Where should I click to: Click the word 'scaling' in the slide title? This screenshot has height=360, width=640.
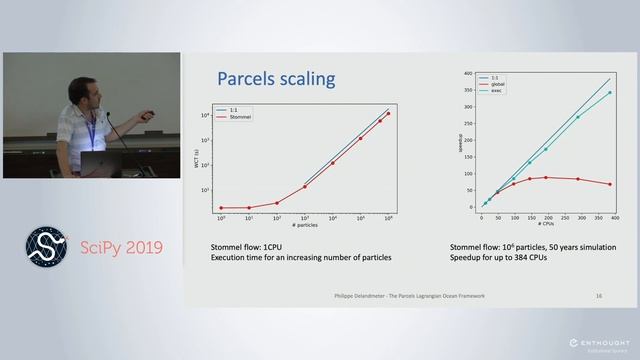(x=307, y=79)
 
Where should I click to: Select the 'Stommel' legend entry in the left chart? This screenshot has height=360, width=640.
(x=241, y=117)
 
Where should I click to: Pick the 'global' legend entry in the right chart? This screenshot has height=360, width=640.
(x=497, y=84)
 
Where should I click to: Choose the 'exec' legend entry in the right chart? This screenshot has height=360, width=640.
(x=496, y=91)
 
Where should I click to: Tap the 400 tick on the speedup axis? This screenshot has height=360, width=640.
(x=468, y=75)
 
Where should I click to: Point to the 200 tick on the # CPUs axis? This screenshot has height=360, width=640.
(x=547, y=217)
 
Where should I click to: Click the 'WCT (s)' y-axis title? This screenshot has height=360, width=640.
(x=200, y=160)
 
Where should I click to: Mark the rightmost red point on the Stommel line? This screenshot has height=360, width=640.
(x=388, y=113)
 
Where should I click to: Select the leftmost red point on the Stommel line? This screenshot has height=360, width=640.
(x=221, y=208)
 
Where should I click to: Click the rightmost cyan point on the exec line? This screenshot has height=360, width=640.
(x=610, y=93)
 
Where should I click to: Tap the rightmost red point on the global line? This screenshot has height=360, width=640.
(x=610, y=184)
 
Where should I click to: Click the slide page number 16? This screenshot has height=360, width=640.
(x=598, y=296)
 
